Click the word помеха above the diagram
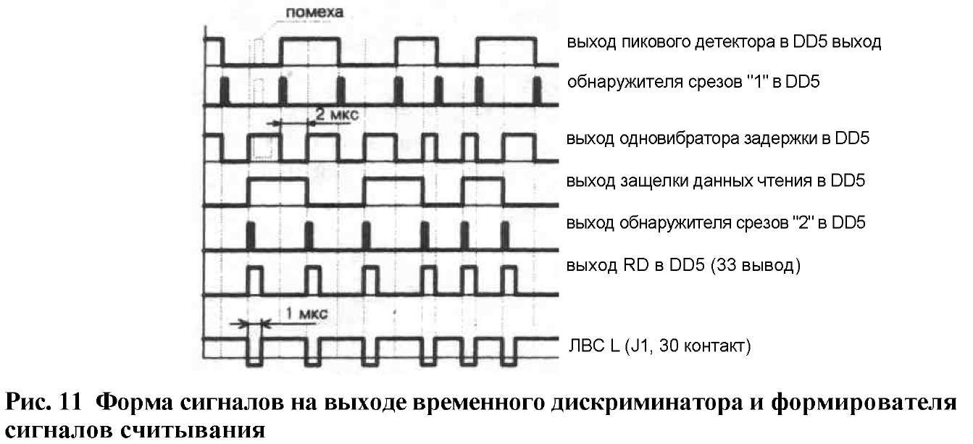(314, 12)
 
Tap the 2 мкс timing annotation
(337, 114)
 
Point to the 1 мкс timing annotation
(306, 313)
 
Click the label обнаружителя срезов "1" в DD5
(693, 82)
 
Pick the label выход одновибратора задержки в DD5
(717, 138)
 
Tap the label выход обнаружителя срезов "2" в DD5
(716, 223)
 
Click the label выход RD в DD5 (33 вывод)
(683, 265)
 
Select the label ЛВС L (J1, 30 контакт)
(660, 345)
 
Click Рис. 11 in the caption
(43, 402)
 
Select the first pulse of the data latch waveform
(277, 191)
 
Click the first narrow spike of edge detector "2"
(250, 236)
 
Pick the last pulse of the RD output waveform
(509, 280)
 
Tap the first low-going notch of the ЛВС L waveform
(254, 352)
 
